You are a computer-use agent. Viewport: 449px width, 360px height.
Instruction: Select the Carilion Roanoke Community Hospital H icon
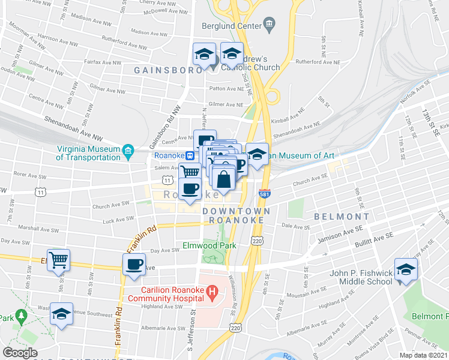click(211, 292)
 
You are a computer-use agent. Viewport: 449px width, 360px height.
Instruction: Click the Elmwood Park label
click(209, 245)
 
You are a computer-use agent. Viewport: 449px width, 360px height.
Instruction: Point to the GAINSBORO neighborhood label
click(160, 70)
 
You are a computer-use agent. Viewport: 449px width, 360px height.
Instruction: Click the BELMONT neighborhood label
click(341, 216)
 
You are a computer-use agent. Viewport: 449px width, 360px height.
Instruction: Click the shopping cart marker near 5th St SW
click(59, 260)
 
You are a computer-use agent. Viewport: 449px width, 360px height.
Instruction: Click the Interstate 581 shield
click(265, 194)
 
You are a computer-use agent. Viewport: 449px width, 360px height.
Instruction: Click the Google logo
click(20, 352)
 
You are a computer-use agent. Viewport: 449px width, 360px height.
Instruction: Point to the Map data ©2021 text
click(423, 355)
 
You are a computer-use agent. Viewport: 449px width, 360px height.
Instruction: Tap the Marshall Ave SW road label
click(38, 229)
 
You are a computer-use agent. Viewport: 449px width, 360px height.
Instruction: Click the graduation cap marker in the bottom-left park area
click(61, 313)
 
